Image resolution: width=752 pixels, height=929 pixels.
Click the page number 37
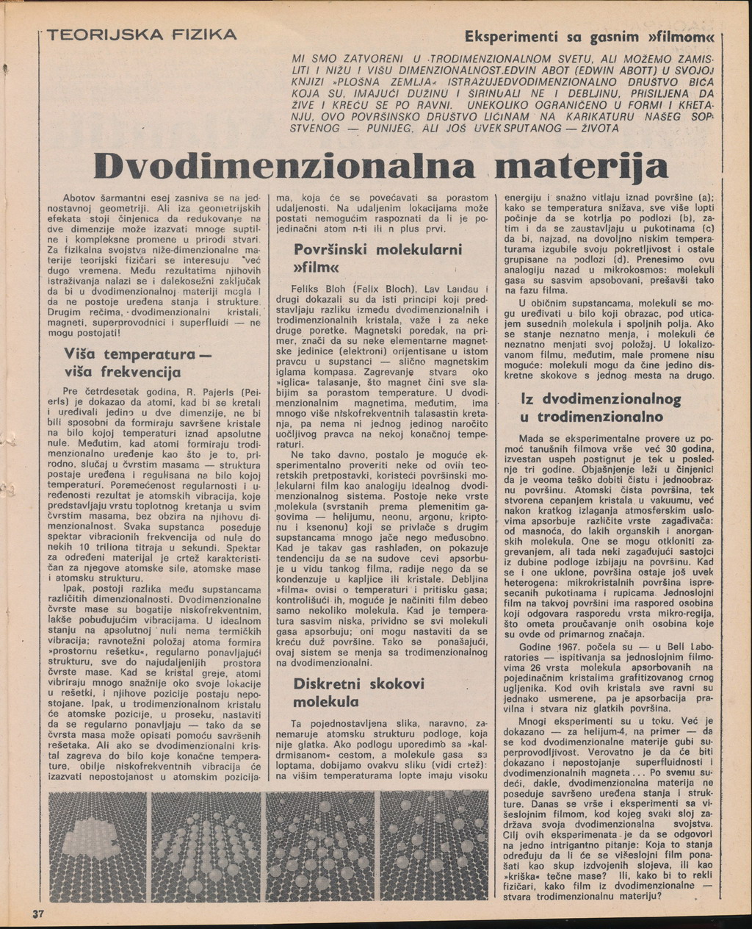pos(38,914)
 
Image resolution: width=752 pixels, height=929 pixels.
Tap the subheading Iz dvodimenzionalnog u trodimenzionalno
pos(601,408)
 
